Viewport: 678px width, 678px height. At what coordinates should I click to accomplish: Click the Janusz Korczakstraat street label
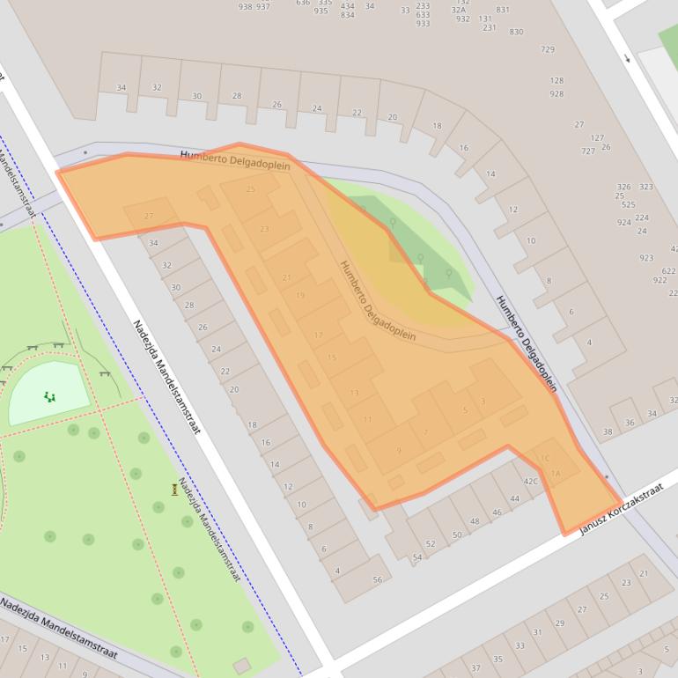[621, 512]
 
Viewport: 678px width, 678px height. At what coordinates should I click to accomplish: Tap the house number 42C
[531, 482]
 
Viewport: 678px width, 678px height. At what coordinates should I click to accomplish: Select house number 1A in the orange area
[555, 474]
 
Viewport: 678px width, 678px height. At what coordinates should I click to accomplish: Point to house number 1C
[543, 458]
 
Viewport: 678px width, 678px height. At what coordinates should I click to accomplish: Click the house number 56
[378, 579]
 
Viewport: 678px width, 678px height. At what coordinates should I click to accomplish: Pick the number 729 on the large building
[548, 49]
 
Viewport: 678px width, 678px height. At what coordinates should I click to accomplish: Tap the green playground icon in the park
[49, 397]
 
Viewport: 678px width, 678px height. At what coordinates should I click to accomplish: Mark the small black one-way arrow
[627, 59]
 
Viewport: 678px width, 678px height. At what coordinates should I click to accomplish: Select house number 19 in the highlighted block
[300, 296]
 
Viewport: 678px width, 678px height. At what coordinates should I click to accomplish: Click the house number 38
[608, 432]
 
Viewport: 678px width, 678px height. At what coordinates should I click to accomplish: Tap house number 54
[417, 557]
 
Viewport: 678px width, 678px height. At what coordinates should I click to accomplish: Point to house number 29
[560, 623]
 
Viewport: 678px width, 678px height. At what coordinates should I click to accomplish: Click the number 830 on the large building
[516, 33]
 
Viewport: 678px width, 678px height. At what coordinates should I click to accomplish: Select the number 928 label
[556, 93]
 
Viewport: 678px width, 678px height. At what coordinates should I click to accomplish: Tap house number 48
[475, 521]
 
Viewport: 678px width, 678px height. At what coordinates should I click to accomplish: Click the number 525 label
[629, 205]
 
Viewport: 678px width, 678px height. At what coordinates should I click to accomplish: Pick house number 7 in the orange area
[425, 432]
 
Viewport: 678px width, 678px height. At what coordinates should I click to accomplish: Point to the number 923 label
[646, 258]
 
